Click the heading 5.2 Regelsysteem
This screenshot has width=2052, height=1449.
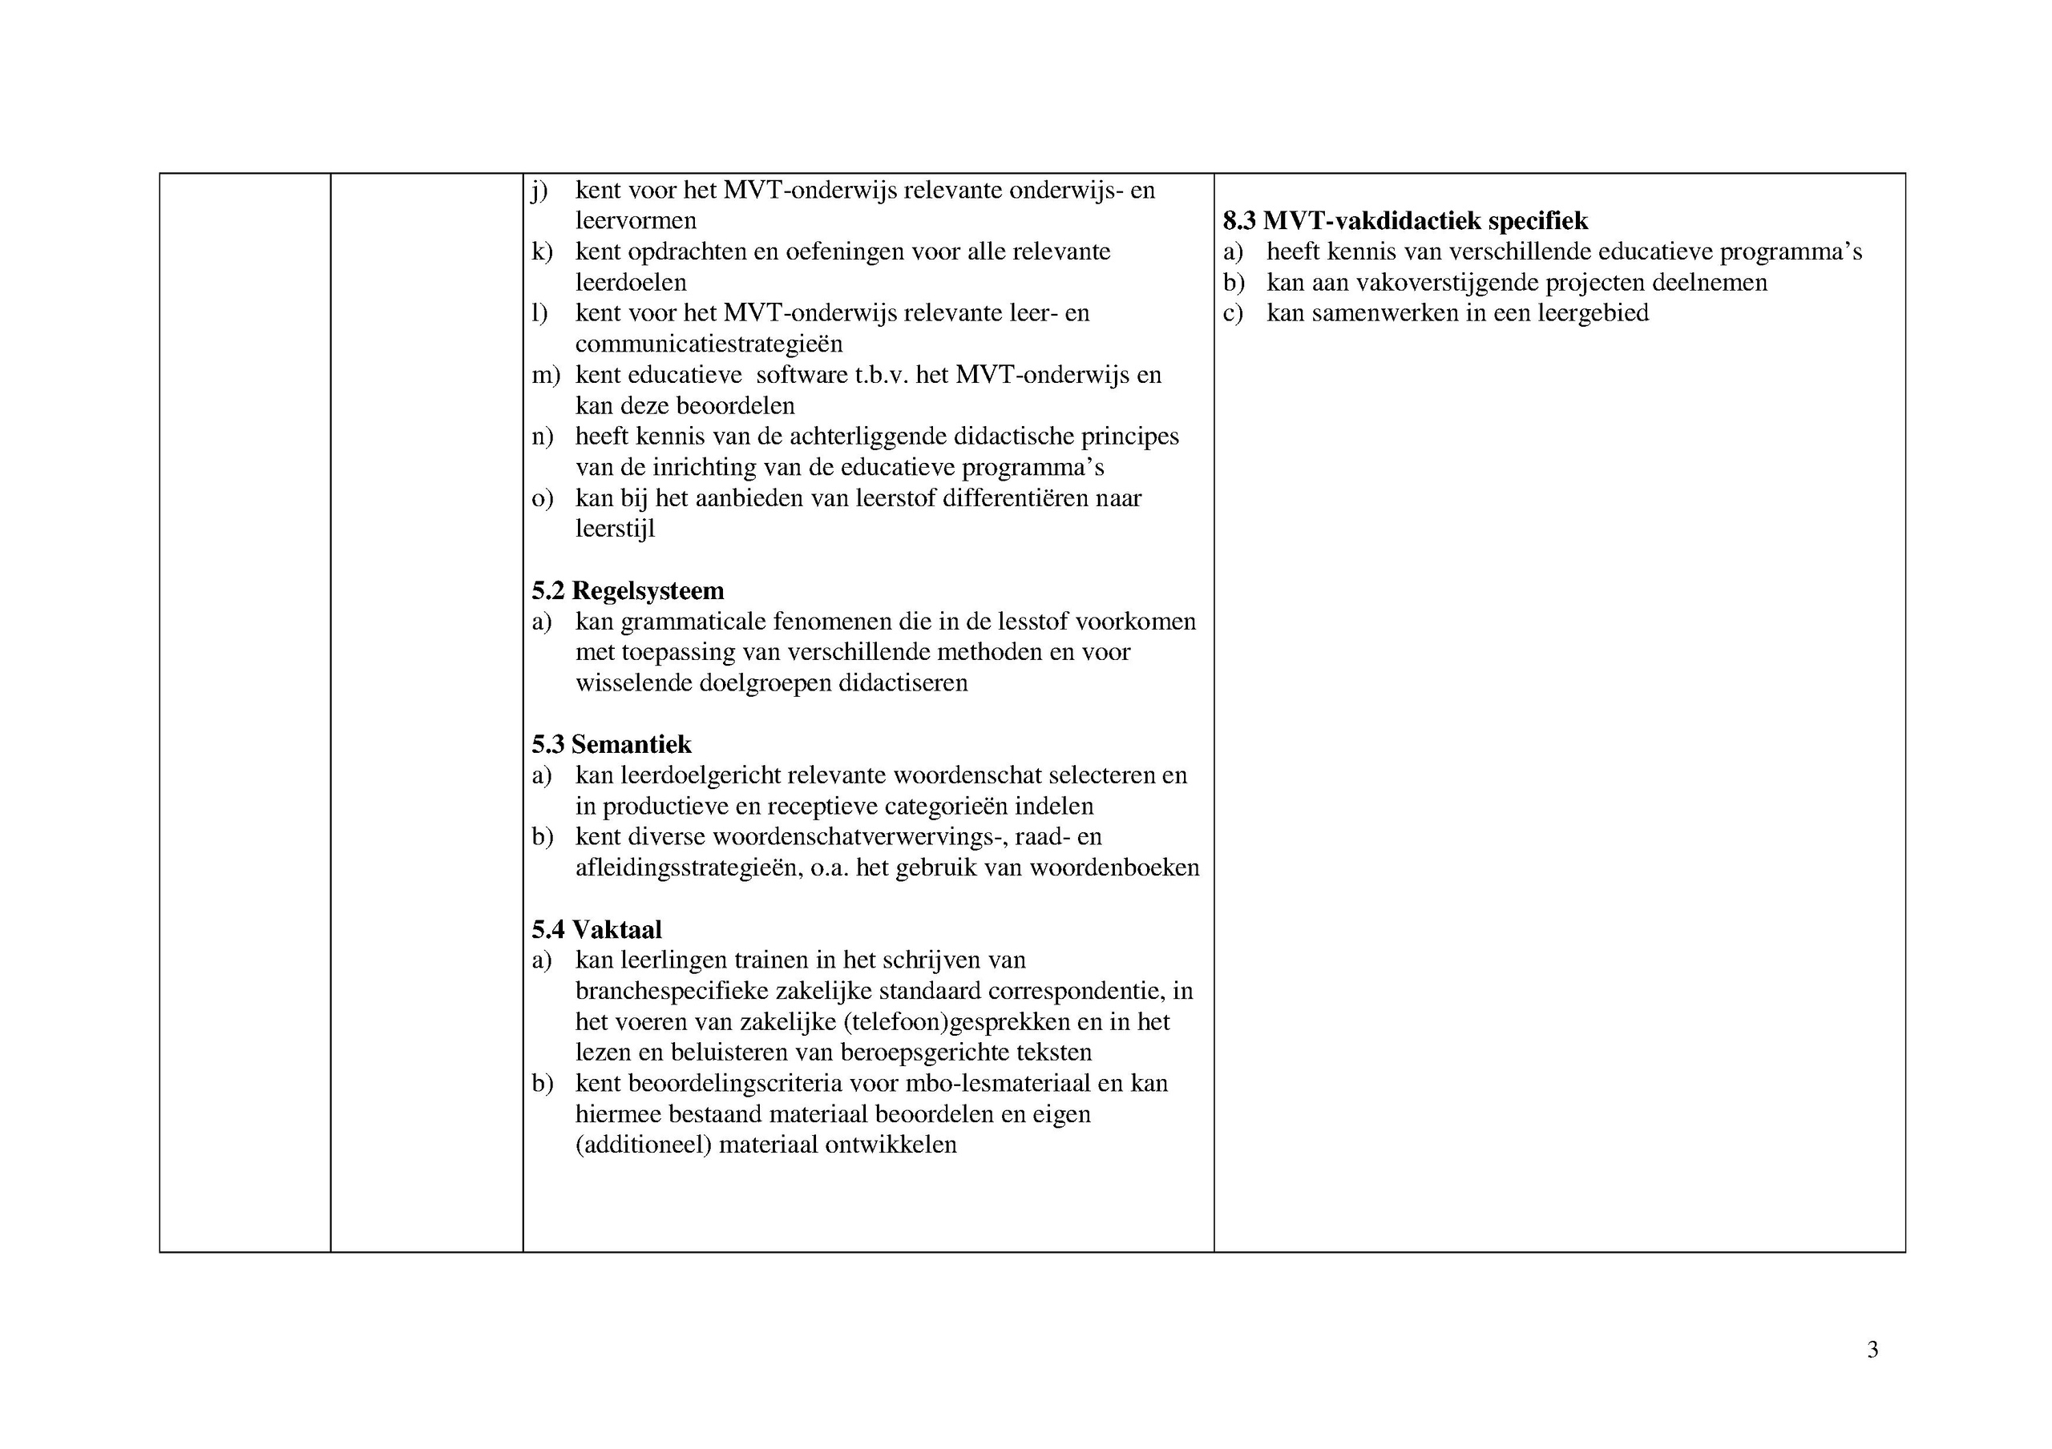tap(628, 590)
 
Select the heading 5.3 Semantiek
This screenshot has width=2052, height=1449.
tap(612, 744)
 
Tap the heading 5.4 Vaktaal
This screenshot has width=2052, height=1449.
tap(596, 929)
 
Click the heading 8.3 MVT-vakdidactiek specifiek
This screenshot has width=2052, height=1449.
tap(1405, 220)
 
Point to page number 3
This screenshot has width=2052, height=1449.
tap(1872, 1349)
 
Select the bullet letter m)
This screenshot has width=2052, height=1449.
tap(545, 375)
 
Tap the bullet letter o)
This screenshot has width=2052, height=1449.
tap(542, 498)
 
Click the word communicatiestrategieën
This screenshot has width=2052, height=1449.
tap(709, 344)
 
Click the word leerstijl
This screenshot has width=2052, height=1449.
tap(615, 529)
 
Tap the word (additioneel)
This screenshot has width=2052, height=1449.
tap(643, 1145)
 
